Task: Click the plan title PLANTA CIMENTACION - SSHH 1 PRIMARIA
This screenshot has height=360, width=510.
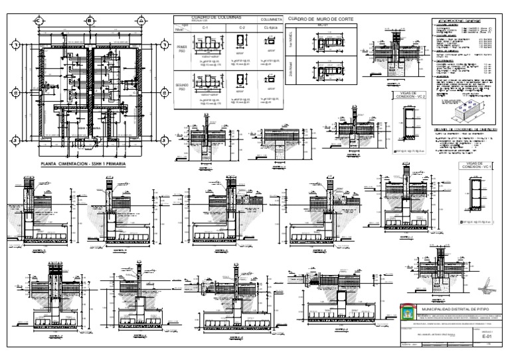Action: pos(83,161)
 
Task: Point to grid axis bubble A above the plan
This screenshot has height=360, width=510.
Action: pos(141,21)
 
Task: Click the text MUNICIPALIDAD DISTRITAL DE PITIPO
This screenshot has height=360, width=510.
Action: pos(456,309)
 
